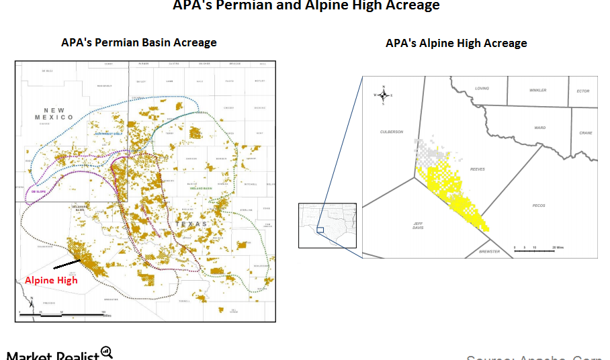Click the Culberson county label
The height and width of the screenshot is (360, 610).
point(391,132)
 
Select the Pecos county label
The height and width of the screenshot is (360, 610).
point(538,206)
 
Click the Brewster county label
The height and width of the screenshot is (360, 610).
point(490,251)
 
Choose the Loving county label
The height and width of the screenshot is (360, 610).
point(482,89)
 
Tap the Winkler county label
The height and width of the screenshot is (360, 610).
point(538,90)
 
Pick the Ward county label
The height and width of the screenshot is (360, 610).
point(539,127)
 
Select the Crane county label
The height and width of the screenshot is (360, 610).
point(585,133)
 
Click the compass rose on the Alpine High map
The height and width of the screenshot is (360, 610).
point(383,95)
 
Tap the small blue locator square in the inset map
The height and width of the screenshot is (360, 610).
point(320,230)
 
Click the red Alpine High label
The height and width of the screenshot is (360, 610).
point(51,280)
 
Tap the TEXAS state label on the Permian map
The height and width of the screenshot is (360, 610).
point(191,224)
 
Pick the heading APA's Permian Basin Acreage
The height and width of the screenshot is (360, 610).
point(139,42)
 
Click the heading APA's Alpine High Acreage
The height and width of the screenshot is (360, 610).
point(455,43)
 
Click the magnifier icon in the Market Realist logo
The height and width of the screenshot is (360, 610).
point(107,352)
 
